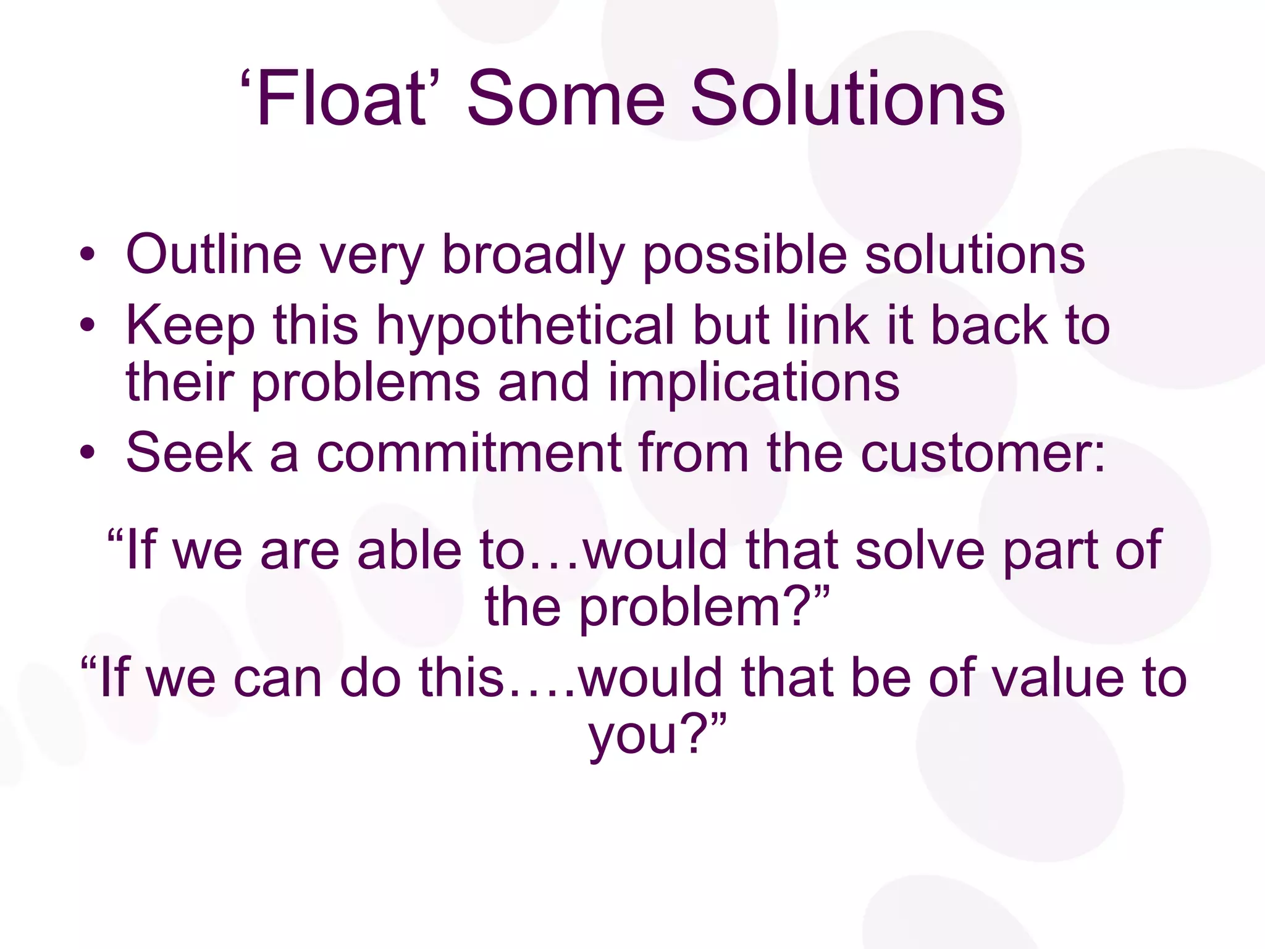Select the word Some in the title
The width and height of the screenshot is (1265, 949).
[566, 99]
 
